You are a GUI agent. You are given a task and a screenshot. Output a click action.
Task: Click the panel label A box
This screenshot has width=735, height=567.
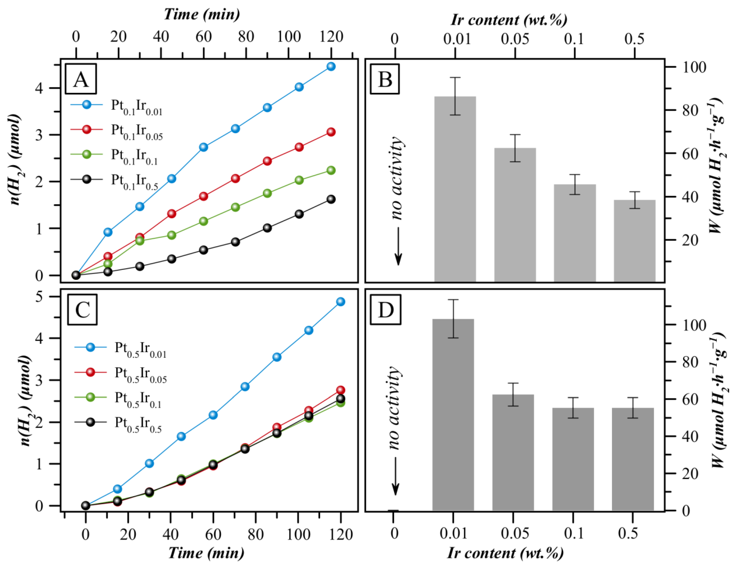coord(81,79)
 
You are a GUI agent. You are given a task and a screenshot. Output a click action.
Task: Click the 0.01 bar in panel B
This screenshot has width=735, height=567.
coord(455,188)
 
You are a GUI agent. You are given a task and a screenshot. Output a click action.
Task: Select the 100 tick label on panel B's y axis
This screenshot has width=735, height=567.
coord(694,67)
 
